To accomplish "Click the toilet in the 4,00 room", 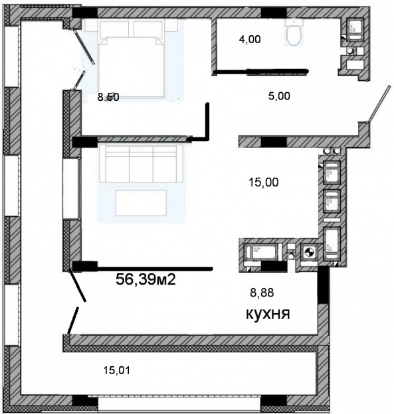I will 293,32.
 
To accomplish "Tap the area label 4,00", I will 250,39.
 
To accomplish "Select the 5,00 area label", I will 278,96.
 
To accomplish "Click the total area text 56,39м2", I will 146,280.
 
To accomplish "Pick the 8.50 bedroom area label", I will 108,97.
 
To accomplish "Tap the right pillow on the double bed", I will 148,29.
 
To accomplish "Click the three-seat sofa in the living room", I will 141,163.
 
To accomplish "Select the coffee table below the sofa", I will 141,202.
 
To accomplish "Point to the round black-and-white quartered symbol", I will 308,252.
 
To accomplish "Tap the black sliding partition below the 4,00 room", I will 262,69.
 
